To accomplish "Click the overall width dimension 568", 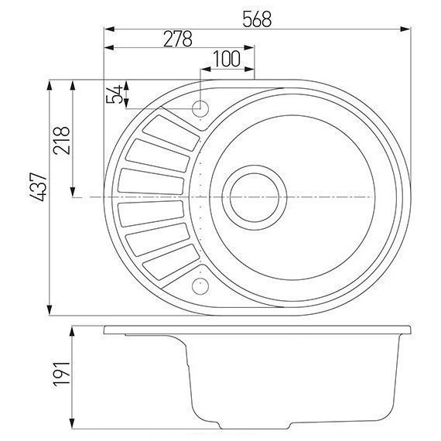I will coord(256,20).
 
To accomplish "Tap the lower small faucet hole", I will coord(200,287).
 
